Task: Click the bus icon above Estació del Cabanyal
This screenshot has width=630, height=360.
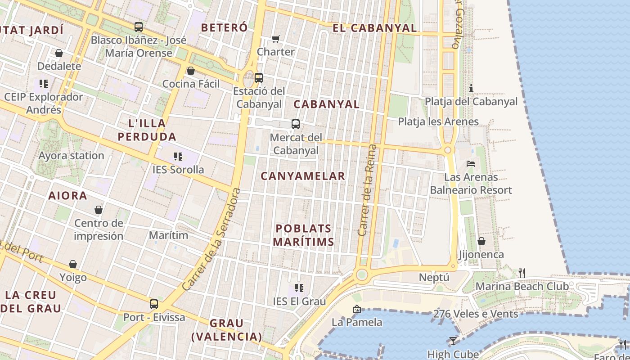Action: coord(259,77)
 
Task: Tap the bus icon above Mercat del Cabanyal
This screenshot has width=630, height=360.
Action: coord(296,124)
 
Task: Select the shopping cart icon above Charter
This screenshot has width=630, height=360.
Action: coord(275,39)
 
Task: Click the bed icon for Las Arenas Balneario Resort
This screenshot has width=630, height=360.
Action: coord(471,164)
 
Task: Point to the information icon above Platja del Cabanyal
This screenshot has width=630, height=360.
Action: coord(471,88)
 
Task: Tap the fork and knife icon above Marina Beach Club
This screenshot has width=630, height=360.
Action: coord(522,273)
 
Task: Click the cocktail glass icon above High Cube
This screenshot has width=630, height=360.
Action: coord(453,341)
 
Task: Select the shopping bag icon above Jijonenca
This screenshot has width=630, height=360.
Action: coord(481,241)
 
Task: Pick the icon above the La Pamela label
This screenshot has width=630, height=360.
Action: coord(357,309)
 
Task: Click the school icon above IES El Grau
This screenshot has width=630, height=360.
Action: coord(299,288)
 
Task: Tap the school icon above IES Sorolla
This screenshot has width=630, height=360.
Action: coord(178,157)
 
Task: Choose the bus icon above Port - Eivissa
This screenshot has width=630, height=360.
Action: coord(154,304)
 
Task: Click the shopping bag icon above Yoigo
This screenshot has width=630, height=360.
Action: coord(73,264)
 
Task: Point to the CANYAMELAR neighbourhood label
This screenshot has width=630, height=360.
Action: coord(303,176)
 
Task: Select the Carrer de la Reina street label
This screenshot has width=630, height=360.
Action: coord(367,190)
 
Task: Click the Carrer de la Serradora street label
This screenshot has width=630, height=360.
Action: coord(211,239)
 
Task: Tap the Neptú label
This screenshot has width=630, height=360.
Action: coord(434,277)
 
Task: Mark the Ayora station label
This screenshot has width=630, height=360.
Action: coord(71,156)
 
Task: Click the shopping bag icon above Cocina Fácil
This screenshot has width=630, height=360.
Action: coord(191,71)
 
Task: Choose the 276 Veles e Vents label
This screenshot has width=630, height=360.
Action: coord(476,314)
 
